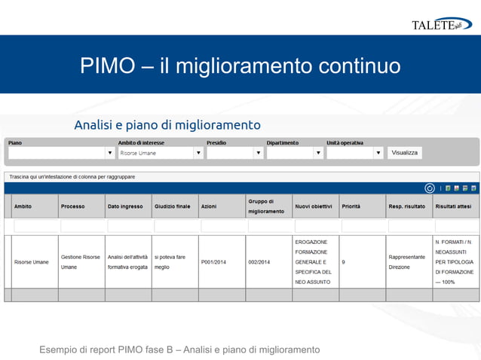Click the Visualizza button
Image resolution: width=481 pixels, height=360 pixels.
pos(405,153)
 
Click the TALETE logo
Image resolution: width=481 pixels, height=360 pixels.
pos(441,25)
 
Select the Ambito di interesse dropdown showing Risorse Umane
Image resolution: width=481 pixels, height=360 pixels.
pos(161,153)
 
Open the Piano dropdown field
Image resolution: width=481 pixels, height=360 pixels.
pos(61,153)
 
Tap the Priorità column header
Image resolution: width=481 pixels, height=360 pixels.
pos(351,206)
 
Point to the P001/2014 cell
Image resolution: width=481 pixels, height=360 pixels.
pos(213,262)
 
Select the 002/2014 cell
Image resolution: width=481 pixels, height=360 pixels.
pos(259,262)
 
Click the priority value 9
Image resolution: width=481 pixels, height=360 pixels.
pos(344,262)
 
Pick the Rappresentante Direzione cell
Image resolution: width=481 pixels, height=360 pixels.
pos(406,262)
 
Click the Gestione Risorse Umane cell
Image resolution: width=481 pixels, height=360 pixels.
pos(81,262)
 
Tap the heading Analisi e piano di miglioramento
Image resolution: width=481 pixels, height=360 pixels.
pos(167,125)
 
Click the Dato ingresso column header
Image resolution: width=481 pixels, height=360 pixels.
pos(125,206)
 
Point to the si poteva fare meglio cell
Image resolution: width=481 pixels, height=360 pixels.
pos(169,262)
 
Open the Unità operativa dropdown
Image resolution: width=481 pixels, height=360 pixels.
pos(355,153)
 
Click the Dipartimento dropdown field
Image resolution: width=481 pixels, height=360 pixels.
pos(295,153)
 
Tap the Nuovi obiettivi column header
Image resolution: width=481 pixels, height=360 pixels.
pos(313,206)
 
